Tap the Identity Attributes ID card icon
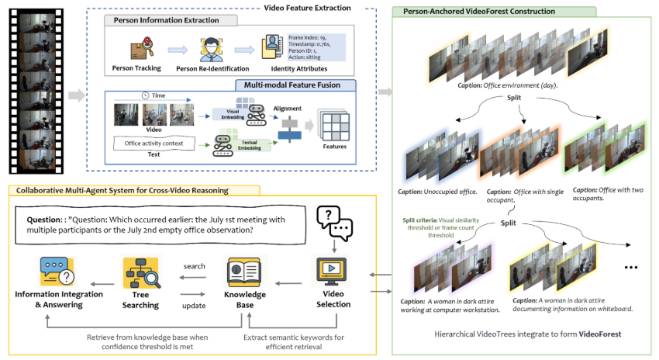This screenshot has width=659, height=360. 274,48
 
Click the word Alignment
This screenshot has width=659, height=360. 292,109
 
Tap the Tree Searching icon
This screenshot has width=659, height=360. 140,272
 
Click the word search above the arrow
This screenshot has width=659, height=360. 194,267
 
